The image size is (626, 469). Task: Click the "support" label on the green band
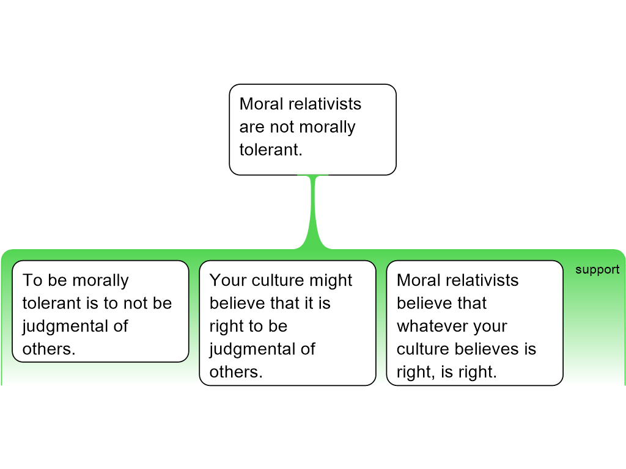597,270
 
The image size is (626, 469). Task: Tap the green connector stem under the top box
313,211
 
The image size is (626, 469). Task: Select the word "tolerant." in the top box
271,150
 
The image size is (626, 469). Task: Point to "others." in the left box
49,349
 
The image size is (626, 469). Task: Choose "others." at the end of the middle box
236,372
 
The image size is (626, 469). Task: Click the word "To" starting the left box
32,280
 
